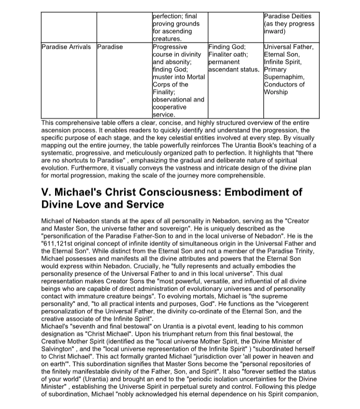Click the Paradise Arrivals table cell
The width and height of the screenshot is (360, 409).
click(x=66, y=47)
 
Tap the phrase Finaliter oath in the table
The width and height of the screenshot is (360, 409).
click(x=227, y=54)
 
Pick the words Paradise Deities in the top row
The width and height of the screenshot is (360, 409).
click(x=289, y=16)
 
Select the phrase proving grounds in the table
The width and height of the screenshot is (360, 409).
click(x=176, y=24)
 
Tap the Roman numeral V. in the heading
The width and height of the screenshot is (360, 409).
click(x=46, y=192)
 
